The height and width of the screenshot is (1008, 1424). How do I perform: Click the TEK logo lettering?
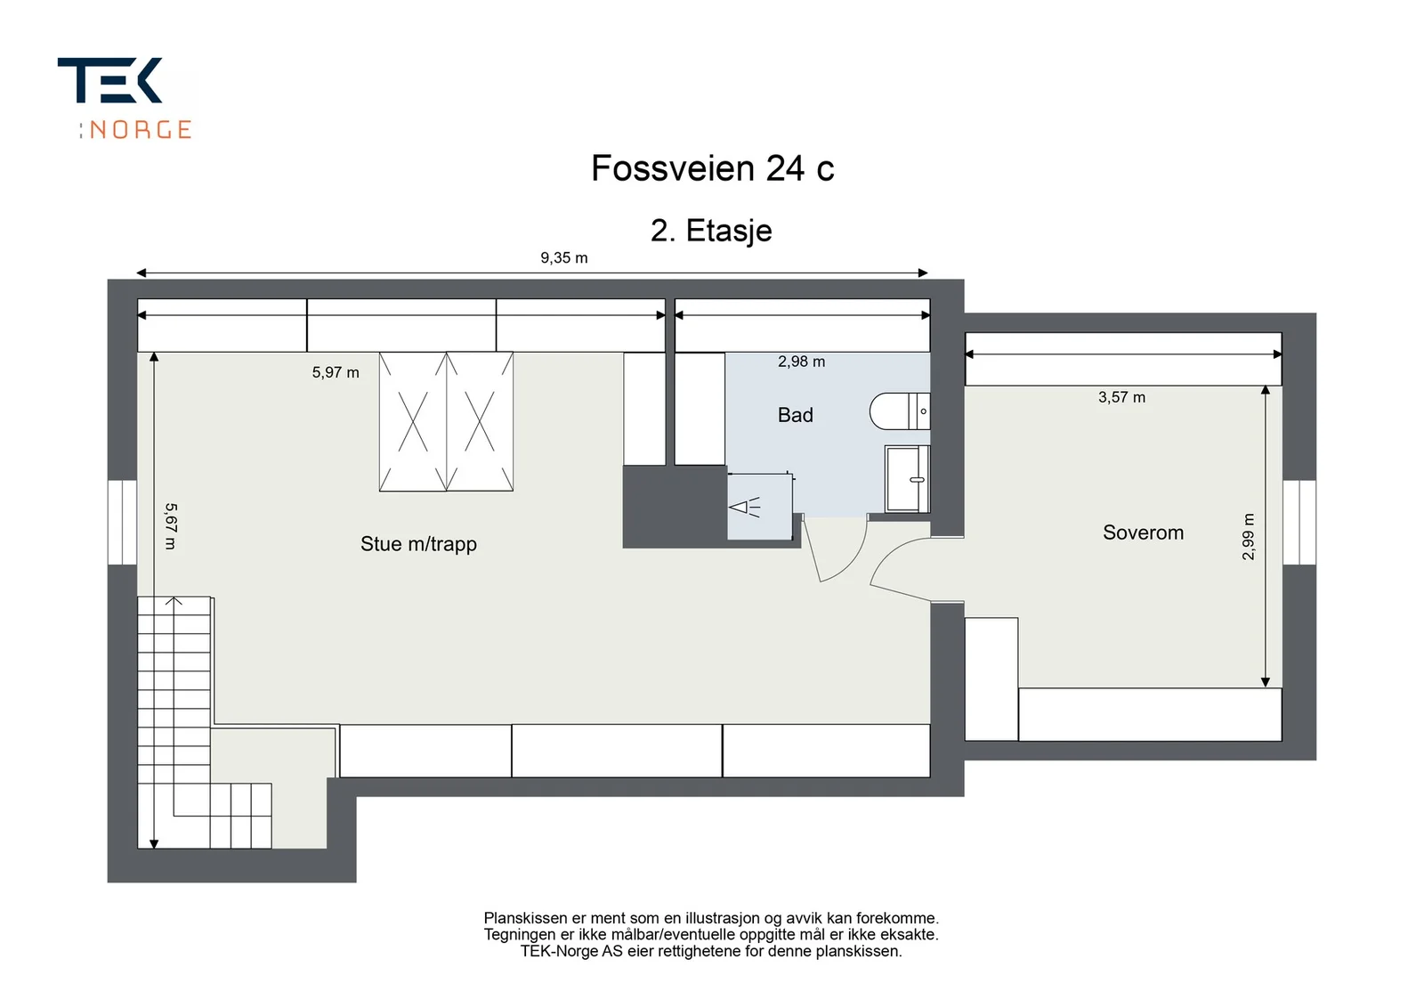point(110,80)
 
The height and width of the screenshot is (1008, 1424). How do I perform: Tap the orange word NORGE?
point(141,130)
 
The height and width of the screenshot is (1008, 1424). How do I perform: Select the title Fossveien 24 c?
point(712,168)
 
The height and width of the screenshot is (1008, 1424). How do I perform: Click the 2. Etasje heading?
point(711,231)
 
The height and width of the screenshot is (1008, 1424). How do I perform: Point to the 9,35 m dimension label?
point(564,258)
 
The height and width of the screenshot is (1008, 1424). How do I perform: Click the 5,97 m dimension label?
point(336,373)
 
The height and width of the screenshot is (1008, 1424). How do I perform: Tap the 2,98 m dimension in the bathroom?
point(801,362)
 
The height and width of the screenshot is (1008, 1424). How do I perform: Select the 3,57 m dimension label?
point(1121,397)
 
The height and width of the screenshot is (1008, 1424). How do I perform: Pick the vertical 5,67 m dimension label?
point(171,526)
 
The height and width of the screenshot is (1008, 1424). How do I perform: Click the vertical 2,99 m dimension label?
point(1248,537)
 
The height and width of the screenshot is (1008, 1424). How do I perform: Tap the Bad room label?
point(796,415)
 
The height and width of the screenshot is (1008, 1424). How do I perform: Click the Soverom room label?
point(1143,532)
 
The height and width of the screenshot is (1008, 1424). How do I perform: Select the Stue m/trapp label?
point(418,544)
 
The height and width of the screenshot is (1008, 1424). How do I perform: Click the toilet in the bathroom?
point(900,411)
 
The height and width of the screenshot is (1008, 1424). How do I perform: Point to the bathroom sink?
point(907,479)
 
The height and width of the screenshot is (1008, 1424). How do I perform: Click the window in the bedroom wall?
point(1299,523)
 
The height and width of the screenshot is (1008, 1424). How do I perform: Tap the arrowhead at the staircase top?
point(174,601)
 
